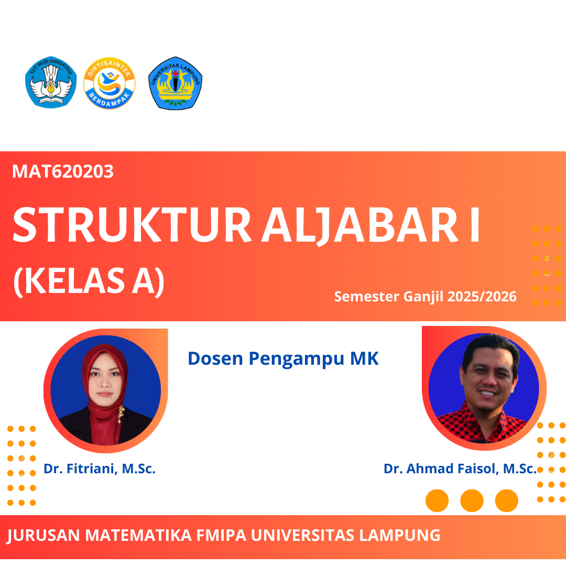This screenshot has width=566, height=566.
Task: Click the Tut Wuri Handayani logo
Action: click(51, 82)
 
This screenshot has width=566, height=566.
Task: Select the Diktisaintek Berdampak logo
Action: click(110, 83)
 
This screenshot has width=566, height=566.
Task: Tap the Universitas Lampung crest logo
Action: click(175, 83)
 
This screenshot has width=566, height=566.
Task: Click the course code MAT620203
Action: click(63, 171)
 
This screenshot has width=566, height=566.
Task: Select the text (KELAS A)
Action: click(89, 282)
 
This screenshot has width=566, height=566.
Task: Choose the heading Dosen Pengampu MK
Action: click(283, 358)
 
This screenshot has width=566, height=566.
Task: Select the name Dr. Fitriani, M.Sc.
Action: click(100, 469)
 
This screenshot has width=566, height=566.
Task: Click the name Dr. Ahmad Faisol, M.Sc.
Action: click(460, 469)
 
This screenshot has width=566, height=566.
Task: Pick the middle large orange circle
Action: click(472, 500)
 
